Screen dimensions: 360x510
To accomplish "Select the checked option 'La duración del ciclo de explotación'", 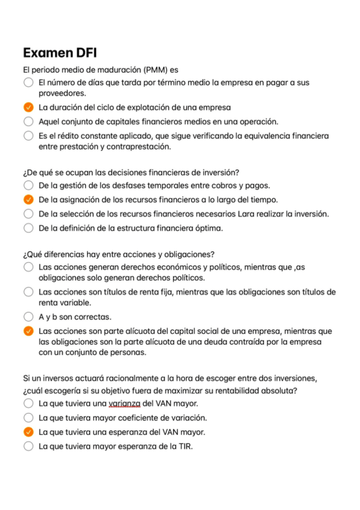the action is point(28,108).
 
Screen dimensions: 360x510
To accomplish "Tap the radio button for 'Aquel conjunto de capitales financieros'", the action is point(28,121).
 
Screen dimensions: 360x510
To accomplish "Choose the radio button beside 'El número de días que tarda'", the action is point(28,82).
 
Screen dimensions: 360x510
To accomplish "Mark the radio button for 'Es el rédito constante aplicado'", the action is point(28,136).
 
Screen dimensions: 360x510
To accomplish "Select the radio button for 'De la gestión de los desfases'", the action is point(28,186).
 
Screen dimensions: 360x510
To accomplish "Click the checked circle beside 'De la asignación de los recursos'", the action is point(28,200).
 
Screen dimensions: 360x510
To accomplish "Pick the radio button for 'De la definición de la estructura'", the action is point(28,228).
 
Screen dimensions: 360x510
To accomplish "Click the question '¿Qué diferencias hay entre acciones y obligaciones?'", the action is point(118,253).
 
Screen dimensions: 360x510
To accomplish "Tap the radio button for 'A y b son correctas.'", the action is point(28,316).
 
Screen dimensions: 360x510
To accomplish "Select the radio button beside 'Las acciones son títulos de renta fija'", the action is point(28,292).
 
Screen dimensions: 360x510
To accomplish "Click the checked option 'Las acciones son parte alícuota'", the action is point(28,331).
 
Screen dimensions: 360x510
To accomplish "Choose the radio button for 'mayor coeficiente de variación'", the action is point(28,417).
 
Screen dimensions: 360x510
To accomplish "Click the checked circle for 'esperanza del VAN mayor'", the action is point(28,432).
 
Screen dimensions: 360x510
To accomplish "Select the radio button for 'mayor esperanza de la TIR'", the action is point(28,446).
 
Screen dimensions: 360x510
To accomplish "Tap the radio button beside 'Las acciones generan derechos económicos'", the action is point(28,267).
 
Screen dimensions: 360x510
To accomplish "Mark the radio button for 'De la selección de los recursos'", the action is point(28,214).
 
